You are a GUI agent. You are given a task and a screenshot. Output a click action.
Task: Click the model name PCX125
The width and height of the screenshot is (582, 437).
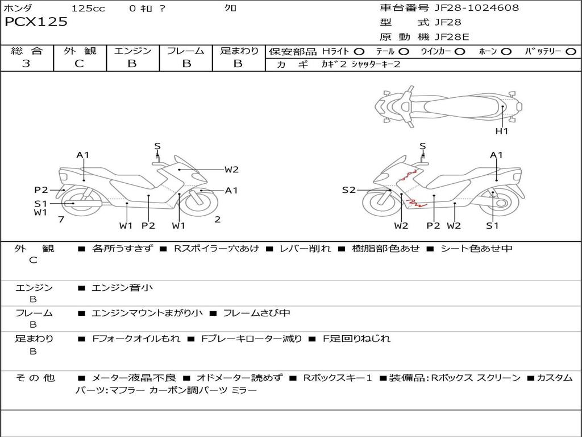pyautogui.click(x=36, y=22)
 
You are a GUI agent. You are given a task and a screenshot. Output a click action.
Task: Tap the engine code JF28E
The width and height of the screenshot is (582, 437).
pyautogui.click(x=451, y=37)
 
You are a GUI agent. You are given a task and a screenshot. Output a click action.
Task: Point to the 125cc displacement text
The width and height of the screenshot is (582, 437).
pyautogui.click(x=88, y=8)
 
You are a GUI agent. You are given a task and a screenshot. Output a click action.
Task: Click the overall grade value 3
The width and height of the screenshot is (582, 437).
pyautogui.click(x=26, y=64)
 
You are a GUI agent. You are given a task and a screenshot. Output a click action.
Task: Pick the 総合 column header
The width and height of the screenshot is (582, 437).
pyautogui.click(x=27, y=51)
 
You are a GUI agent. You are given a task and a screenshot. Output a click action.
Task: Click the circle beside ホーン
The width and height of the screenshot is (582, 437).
pyautogui.click(x=506, y=51)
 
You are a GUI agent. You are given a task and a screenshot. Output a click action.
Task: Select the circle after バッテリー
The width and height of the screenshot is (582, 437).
pyautogui.click(x=571, y=51)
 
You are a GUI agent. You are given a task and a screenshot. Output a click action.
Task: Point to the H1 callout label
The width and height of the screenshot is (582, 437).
pyautogui.click(x=502, y=131)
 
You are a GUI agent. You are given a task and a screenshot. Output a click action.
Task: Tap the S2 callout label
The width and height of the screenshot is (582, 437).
pyautogui.click(x=348, y=190)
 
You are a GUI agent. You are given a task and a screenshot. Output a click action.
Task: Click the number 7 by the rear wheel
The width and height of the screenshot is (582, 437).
pyautogui.click(x=61, y=219)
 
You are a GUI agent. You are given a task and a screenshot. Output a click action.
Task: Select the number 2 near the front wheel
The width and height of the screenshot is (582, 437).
pyautogui.click(x=218, y=219)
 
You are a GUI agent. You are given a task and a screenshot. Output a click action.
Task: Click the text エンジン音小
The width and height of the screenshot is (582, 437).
pyautogui.click(x=122, y=288)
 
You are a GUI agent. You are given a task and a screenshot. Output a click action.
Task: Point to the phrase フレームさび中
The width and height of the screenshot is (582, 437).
pyautogui.click(x=256, y=313)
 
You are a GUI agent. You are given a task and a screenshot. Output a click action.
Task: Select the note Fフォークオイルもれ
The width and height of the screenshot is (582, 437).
pyautogui.click(x=136, y=339)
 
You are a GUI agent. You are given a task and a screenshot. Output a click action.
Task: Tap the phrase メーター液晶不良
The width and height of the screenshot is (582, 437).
pyautogui.click(x=134, y=378)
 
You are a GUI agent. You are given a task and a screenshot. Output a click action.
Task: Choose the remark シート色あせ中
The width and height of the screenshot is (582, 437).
pyautogui.click(x=476, y=249)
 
